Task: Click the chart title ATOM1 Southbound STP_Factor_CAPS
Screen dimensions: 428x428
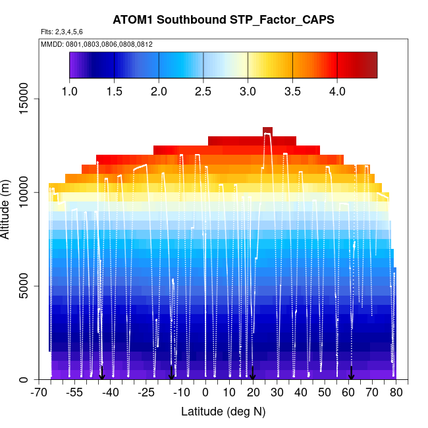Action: (x=223, y=20)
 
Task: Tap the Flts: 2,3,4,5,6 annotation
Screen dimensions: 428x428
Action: (x=62, y=32)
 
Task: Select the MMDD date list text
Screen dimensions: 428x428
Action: (x=97, y=44)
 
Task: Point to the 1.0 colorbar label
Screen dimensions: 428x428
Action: (x=70, y=91)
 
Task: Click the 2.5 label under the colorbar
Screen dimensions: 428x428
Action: (x=203, y=91)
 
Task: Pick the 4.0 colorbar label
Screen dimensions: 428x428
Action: (x=337, y=91)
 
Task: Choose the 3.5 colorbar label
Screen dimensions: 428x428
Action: (x=292, y=91)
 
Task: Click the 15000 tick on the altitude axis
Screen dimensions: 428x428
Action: (x=23, y=99)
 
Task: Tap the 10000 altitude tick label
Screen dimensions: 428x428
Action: (x=23, y=192)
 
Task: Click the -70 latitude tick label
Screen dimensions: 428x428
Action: (x=39, y=393)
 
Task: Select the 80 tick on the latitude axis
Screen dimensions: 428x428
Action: (x=396, y=393)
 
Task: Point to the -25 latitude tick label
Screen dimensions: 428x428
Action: (x=146, y=393)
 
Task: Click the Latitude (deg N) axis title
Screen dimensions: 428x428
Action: (x=223, y=412)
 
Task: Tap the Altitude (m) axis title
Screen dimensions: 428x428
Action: (x=7, y=206)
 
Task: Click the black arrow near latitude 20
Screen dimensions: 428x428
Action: (x=253, y=373)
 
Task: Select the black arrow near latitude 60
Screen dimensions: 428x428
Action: (x=351, y=373)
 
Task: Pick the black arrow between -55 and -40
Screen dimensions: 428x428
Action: (x=102, y=373)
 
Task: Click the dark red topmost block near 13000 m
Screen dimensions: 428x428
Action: (x=267, y=131)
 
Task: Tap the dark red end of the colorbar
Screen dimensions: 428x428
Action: (x=369, y=65)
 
